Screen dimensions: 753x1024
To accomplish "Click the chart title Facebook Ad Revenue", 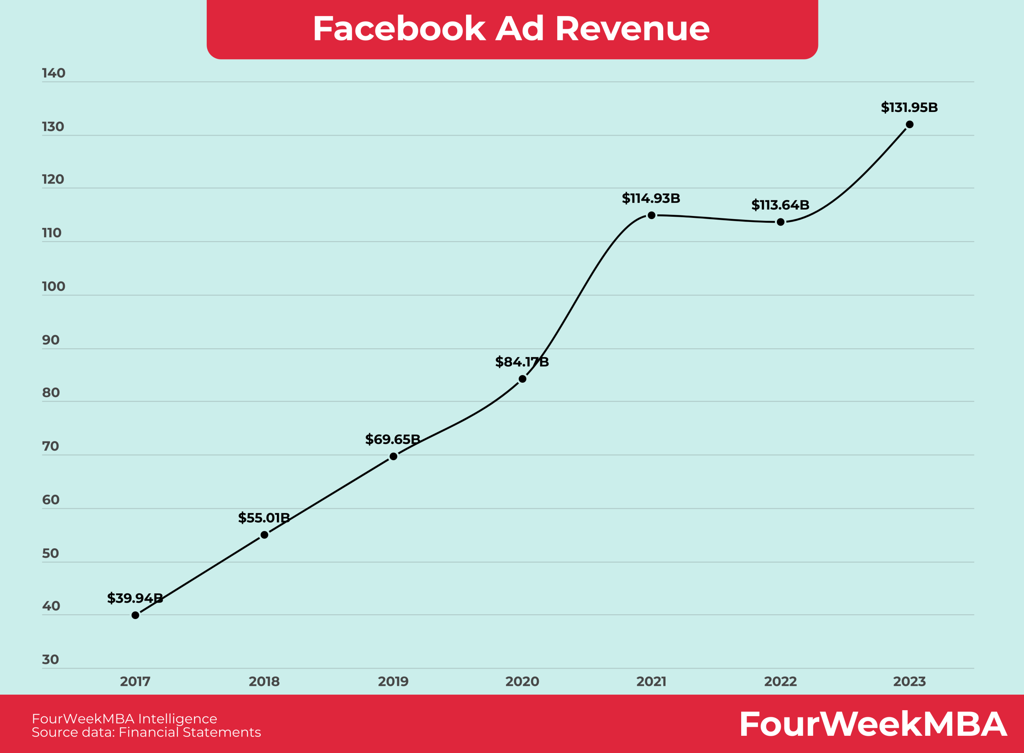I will tap(511, 29).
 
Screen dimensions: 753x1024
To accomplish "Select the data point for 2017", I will tap(136, 615).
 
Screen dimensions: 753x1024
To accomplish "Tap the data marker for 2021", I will tap(652, 215).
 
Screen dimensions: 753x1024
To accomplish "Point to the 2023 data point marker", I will tap(910, 124).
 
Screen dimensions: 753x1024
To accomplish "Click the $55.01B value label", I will tap(264, 518).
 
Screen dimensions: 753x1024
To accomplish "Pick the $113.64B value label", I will tap(780, 205).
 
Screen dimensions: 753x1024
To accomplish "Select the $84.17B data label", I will tap(522, 362).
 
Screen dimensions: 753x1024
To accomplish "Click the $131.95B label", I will tap(909, 108).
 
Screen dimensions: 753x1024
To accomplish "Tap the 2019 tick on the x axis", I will tap(393, 682).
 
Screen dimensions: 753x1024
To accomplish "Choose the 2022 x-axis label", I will tap(780, 682).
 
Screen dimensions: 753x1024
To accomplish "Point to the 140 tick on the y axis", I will tap(53, 74).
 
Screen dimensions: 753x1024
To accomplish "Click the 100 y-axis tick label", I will tap(53, 287).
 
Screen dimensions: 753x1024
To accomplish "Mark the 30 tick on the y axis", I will tap(51, 659).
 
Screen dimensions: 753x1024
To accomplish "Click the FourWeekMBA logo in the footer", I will tap(873, 724).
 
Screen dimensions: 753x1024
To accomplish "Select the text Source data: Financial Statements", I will tap(146, 733).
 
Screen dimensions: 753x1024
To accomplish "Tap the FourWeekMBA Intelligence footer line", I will tap(124, 719).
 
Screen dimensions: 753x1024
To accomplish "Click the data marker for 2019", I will tap(394, 456).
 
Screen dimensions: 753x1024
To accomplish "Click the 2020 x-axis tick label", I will tap(522, 682).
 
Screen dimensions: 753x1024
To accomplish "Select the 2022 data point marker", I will tap(780, 222).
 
